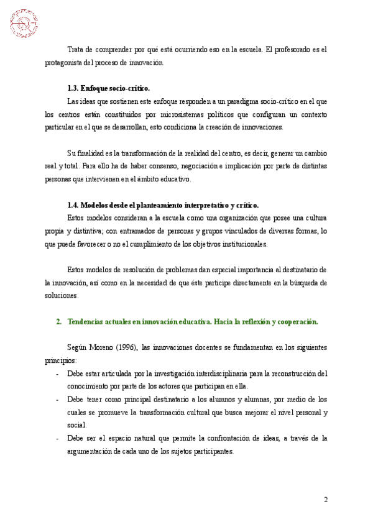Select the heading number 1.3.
point(73,89)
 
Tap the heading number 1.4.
point(73,205)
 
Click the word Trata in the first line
point(75,49)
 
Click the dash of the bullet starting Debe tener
point(58,400)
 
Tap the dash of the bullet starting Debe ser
point(58,439)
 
